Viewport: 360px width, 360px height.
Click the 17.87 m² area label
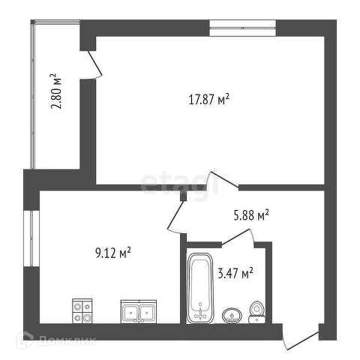[208, 100]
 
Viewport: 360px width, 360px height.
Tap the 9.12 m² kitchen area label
[113, 253]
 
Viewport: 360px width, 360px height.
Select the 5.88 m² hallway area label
[251, 215]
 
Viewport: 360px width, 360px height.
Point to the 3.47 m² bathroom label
[235, 273]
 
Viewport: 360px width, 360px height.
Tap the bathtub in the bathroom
[200, 288]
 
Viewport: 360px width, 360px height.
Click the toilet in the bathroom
[256, 313]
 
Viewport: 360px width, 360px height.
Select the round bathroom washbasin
[232, 316]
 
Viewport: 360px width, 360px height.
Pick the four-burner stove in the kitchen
[82, 311]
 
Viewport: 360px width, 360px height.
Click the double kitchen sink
[139, 311]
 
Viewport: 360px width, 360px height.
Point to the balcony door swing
[94, 63]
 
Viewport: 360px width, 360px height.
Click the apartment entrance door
[301, 340]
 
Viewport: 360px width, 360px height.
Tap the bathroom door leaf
[235, 236]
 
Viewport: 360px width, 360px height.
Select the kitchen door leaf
[175, 214]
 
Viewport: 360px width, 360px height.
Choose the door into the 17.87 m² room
[224, 178]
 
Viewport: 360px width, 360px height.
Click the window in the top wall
[243, 28]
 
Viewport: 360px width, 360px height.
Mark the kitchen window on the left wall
[31, 238]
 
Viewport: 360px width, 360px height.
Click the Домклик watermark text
[67, 340]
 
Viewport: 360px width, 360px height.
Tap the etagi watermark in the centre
[179, 181]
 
